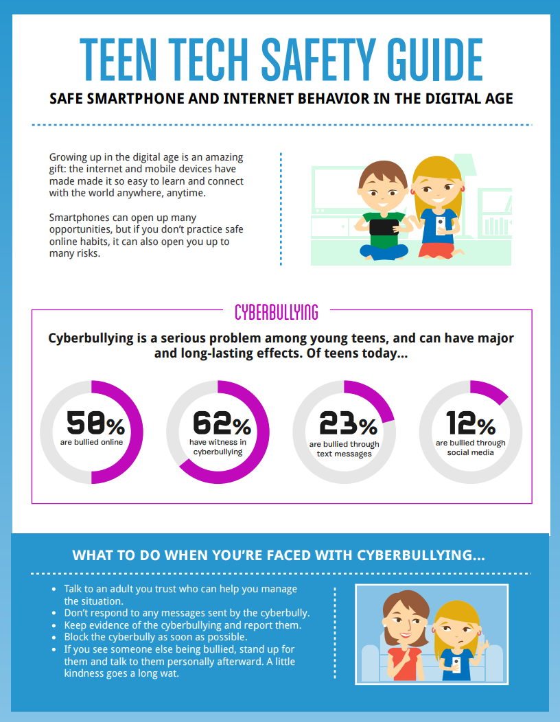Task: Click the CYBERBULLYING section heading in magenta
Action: coord(277,313)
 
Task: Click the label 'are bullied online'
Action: coord(91,443)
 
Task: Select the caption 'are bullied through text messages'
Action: coord(345,449)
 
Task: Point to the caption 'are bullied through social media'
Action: coord(471,447)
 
